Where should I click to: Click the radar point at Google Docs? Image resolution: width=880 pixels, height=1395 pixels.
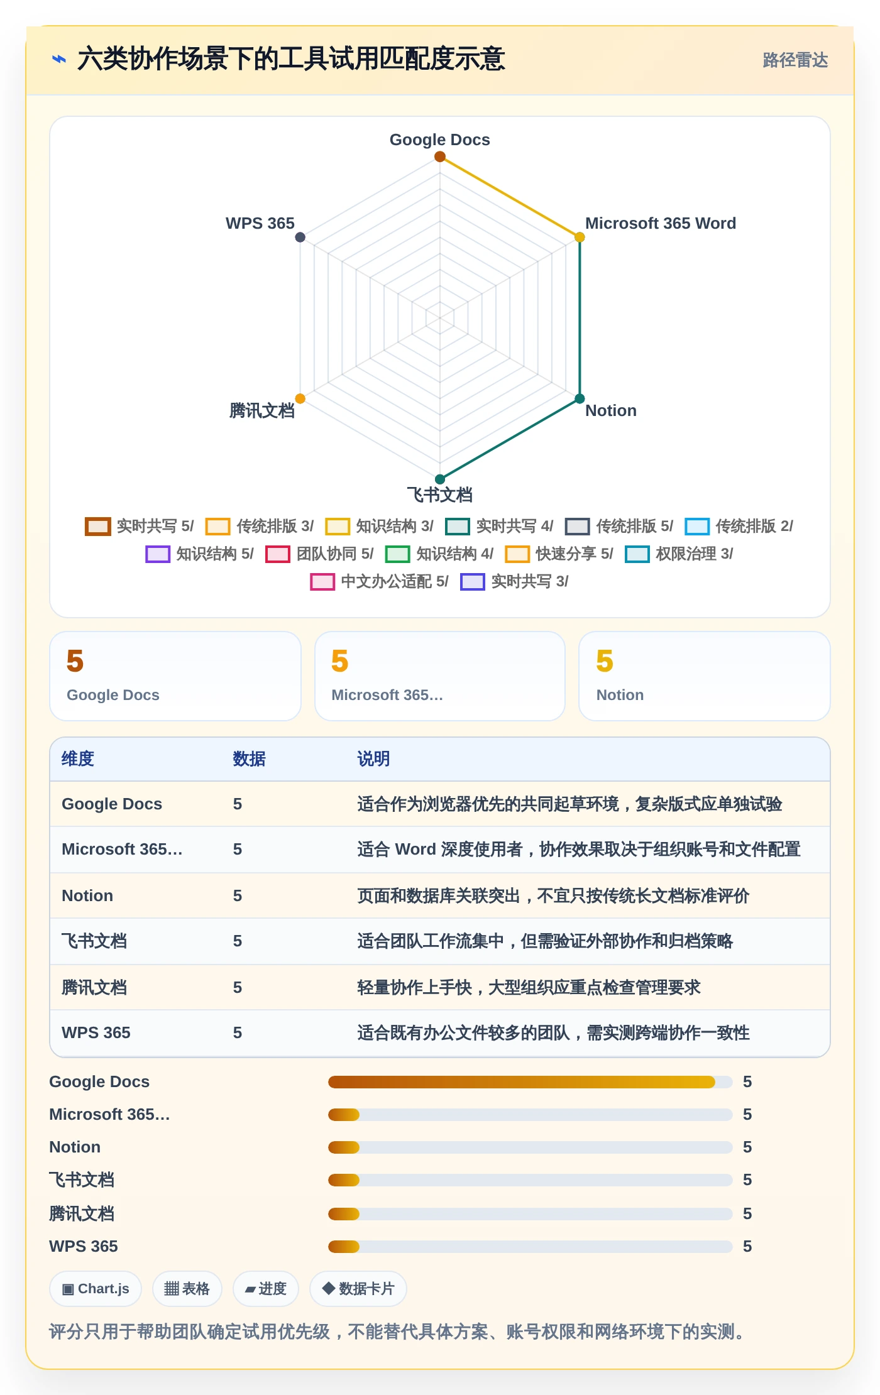[440, 156]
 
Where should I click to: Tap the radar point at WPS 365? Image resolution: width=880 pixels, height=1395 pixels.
[300, 237]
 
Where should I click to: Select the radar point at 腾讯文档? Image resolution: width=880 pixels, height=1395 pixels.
[300, 398]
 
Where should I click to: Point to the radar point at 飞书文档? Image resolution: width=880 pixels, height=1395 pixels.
[440, 479]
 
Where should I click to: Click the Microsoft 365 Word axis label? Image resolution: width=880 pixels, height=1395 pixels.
[660, 223]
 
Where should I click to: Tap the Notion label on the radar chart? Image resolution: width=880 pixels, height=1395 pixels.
[610, 410]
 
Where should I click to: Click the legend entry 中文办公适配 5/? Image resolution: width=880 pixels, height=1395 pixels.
[380, 581]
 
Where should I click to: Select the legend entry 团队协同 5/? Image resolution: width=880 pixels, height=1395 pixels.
[320, 554]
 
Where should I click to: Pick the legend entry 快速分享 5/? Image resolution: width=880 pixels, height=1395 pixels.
[559, 554]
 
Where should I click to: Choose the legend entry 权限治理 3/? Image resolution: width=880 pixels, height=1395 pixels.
[679, 554]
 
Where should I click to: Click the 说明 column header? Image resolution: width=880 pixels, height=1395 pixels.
[373, 758]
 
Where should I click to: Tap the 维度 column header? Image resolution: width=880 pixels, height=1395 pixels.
[78, 758]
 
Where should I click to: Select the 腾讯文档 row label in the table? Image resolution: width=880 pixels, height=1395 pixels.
[94, 987]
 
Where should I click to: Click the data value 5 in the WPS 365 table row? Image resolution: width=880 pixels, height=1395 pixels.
[238, 1032]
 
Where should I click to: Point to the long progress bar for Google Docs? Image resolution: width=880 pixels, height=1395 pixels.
[522, 1081]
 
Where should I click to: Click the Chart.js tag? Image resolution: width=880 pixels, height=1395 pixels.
[96, 1289]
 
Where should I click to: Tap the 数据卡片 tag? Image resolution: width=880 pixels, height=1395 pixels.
[358, 1289]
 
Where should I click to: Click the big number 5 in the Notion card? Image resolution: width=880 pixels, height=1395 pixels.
[605, 661]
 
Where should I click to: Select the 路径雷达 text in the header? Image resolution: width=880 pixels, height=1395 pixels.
[795, 60]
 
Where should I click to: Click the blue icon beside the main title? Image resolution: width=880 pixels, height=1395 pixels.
[59, 59]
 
